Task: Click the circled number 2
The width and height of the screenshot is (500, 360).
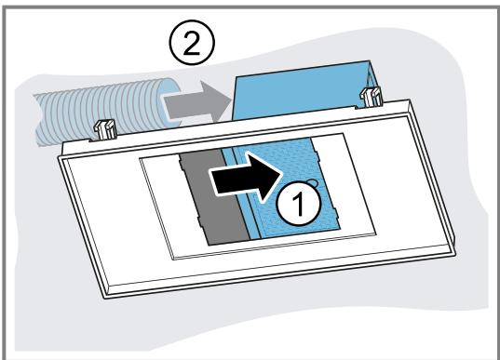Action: click(192, 43)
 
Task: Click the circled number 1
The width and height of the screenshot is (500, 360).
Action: click(299, 204)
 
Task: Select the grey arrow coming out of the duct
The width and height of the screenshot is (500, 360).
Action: click(197, 101)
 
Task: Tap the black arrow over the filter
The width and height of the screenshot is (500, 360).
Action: click(246, 178)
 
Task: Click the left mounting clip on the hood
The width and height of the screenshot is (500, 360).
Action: click(104, 129)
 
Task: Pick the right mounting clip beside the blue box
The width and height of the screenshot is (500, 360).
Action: click(371, 97)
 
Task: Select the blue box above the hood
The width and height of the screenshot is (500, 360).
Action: click(303, 89)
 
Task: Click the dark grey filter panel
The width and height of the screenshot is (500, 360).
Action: click(213, 197)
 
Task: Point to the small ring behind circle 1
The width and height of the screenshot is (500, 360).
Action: click(313, 182)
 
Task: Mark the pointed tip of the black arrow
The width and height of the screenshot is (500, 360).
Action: click(283, 174)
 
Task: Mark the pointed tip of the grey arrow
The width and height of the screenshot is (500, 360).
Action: click(231, 101)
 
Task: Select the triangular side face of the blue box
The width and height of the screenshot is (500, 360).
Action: click(373, 80)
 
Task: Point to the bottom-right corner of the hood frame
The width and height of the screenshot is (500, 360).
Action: click(456, 252)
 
